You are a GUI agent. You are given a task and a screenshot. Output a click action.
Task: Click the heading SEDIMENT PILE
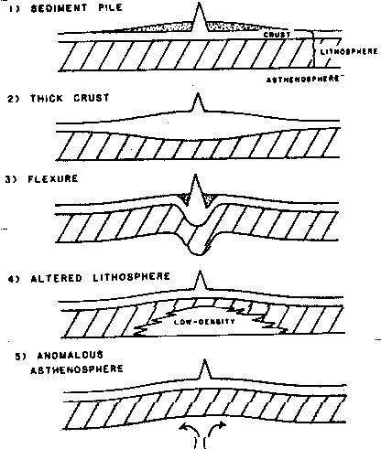(76, 8)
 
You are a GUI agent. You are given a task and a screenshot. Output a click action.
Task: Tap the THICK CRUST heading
(70, 98)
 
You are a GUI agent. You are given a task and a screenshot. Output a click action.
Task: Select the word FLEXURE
(53, 178)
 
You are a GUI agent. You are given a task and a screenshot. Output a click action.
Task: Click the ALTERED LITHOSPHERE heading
(100, 277)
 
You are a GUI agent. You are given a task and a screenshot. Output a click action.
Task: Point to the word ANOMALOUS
(70, 356)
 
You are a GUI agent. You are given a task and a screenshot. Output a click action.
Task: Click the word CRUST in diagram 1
(277, 35)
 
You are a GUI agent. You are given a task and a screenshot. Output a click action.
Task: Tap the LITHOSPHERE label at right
(349, 51)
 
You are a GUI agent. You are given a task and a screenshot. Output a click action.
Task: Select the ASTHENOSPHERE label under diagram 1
(303, 80)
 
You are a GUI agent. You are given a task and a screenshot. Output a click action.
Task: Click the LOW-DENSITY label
(204, 322)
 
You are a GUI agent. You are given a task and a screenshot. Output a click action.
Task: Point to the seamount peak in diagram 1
(200, 3)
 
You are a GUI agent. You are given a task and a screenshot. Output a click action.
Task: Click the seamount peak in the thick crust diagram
(198, 94)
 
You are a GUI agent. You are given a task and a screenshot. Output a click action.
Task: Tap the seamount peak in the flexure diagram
(195, 176)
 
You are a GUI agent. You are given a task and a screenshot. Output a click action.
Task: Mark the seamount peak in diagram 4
(200, 272)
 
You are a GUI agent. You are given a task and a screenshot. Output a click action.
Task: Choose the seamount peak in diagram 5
(204, 360)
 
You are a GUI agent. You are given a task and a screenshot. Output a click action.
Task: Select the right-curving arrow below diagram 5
(214, 430)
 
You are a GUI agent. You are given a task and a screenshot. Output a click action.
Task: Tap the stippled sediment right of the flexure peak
(210, 199)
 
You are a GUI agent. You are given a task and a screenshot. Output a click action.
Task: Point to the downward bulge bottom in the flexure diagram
(198, 254)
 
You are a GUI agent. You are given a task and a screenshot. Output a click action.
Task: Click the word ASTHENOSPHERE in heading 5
(77, 369)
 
